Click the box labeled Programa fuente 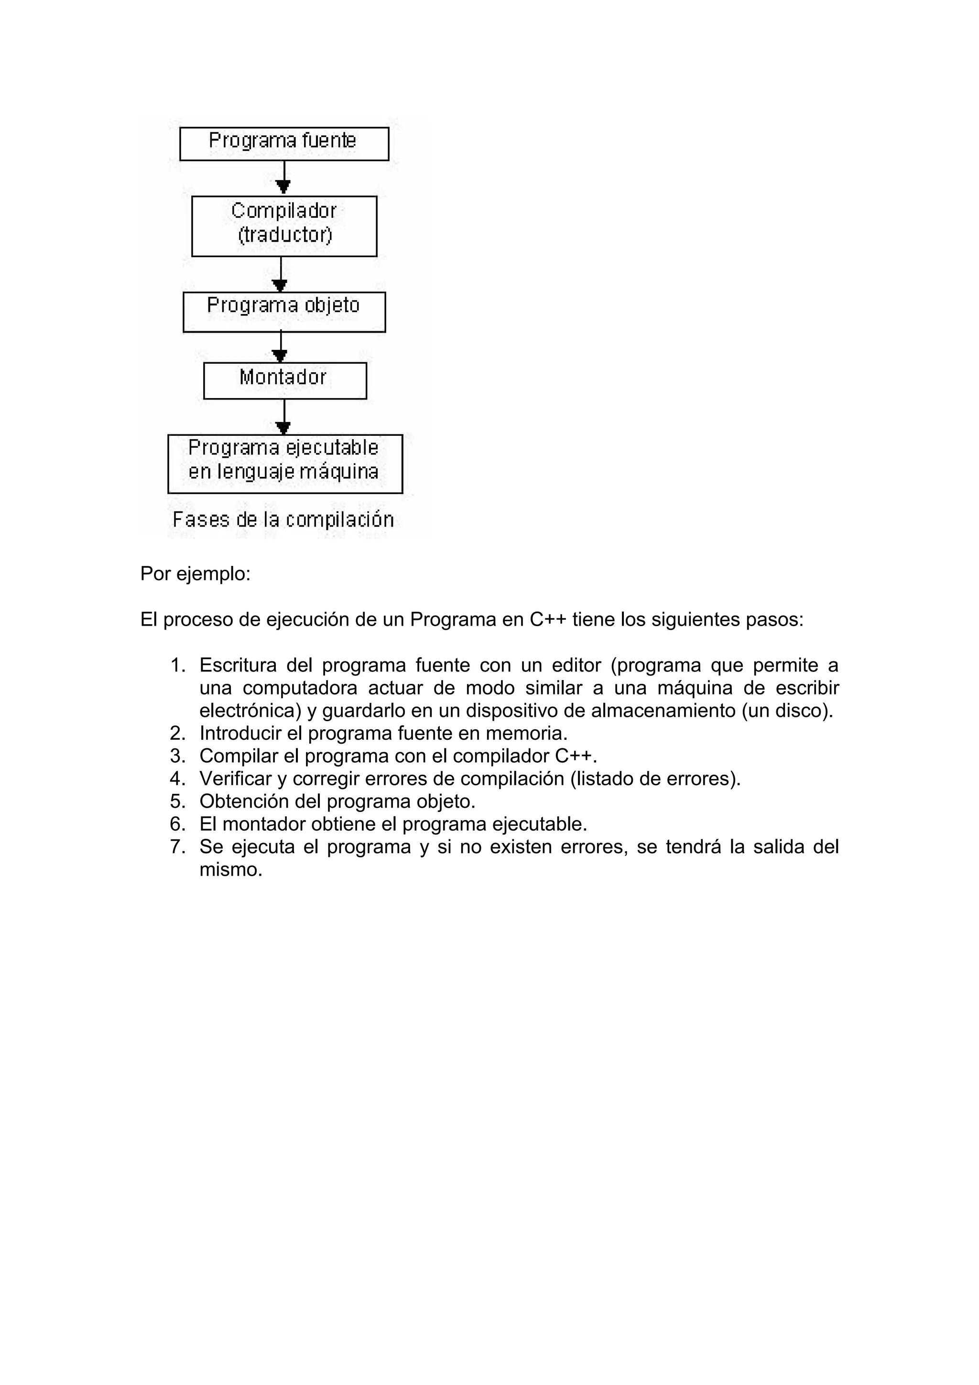point(284,143)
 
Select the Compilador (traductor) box point(284,226)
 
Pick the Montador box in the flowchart point(285,380)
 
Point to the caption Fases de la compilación point(283,519)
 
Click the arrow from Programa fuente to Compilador point(283,178)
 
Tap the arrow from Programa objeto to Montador point(281,347)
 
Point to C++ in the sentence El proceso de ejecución point(548,619)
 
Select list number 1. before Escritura point(178,665)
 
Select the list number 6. point(177,824)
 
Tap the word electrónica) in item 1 point(250,711)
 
